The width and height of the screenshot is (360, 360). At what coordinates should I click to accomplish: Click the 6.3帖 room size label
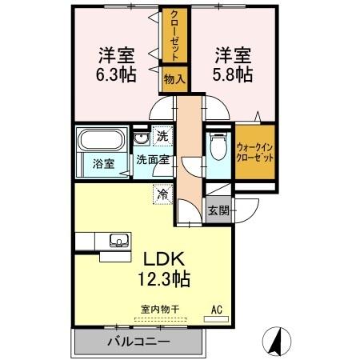[116, 75]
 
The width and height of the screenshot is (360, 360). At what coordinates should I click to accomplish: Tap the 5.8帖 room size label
[233, 75]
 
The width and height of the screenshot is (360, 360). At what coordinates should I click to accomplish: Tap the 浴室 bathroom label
[102, 163]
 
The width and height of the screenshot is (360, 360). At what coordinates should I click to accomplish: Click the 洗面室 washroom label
[151, 160]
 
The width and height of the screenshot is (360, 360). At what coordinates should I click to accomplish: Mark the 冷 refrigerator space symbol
[162, 193]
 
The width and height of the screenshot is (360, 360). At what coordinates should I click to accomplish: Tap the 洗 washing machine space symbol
[162, 137]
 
